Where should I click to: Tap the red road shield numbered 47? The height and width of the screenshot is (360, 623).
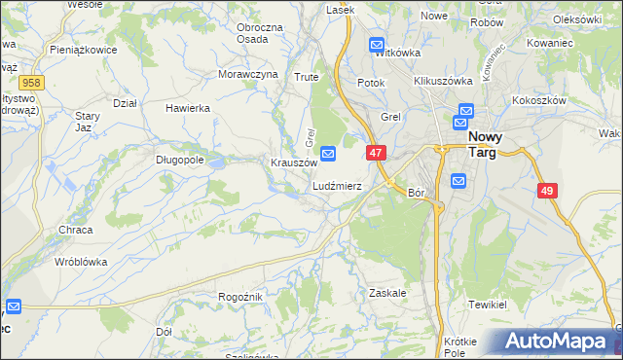coord(378,153)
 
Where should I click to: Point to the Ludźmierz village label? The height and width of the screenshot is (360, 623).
coord(337,185)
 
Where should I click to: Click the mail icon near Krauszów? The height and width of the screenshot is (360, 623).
coord(329,153)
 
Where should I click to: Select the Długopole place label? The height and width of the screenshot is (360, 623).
coord(179,161)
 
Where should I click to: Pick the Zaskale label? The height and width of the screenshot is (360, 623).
coord(387,292)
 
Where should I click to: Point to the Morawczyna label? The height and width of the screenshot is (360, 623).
coord(247,74)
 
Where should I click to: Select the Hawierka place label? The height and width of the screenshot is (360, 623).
coord(188,108)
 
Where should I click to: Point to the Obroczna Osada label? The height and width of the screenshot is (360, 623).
coord(259,32)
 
